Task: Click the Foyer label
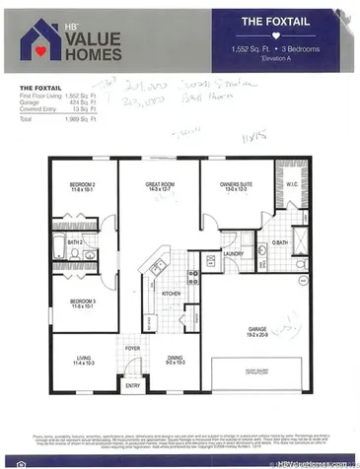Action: pos(132,349)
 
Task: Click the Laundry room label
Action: pos(233,253)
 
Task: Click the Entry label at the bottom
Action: pos(132,386)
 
